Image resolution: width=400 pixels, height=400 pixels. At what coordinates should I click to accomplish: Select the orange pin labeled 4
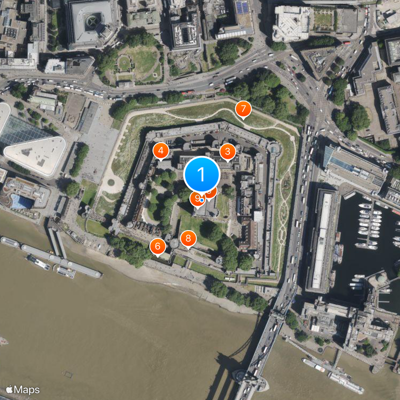160,149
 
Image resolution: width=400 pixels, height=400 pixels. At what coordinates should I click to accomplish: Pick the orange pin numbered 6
157,246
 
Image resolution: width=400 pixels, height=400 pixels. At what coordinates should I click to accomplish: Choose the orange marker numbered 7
243,108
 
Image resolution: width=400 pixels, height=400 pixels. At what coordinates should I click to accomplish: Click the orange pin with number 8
188,238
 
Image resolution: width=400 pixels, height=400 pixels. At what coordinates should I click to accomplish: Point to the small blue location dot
201,199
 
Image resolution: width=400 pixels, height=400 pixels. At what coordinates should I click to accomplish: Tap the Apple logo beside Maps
9,389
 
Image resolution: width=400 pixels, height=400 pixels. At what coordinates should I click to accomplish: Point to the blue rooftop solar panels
242,7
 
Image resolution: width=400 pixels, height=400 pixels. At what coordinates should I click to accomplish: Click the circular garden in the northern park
123,63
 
